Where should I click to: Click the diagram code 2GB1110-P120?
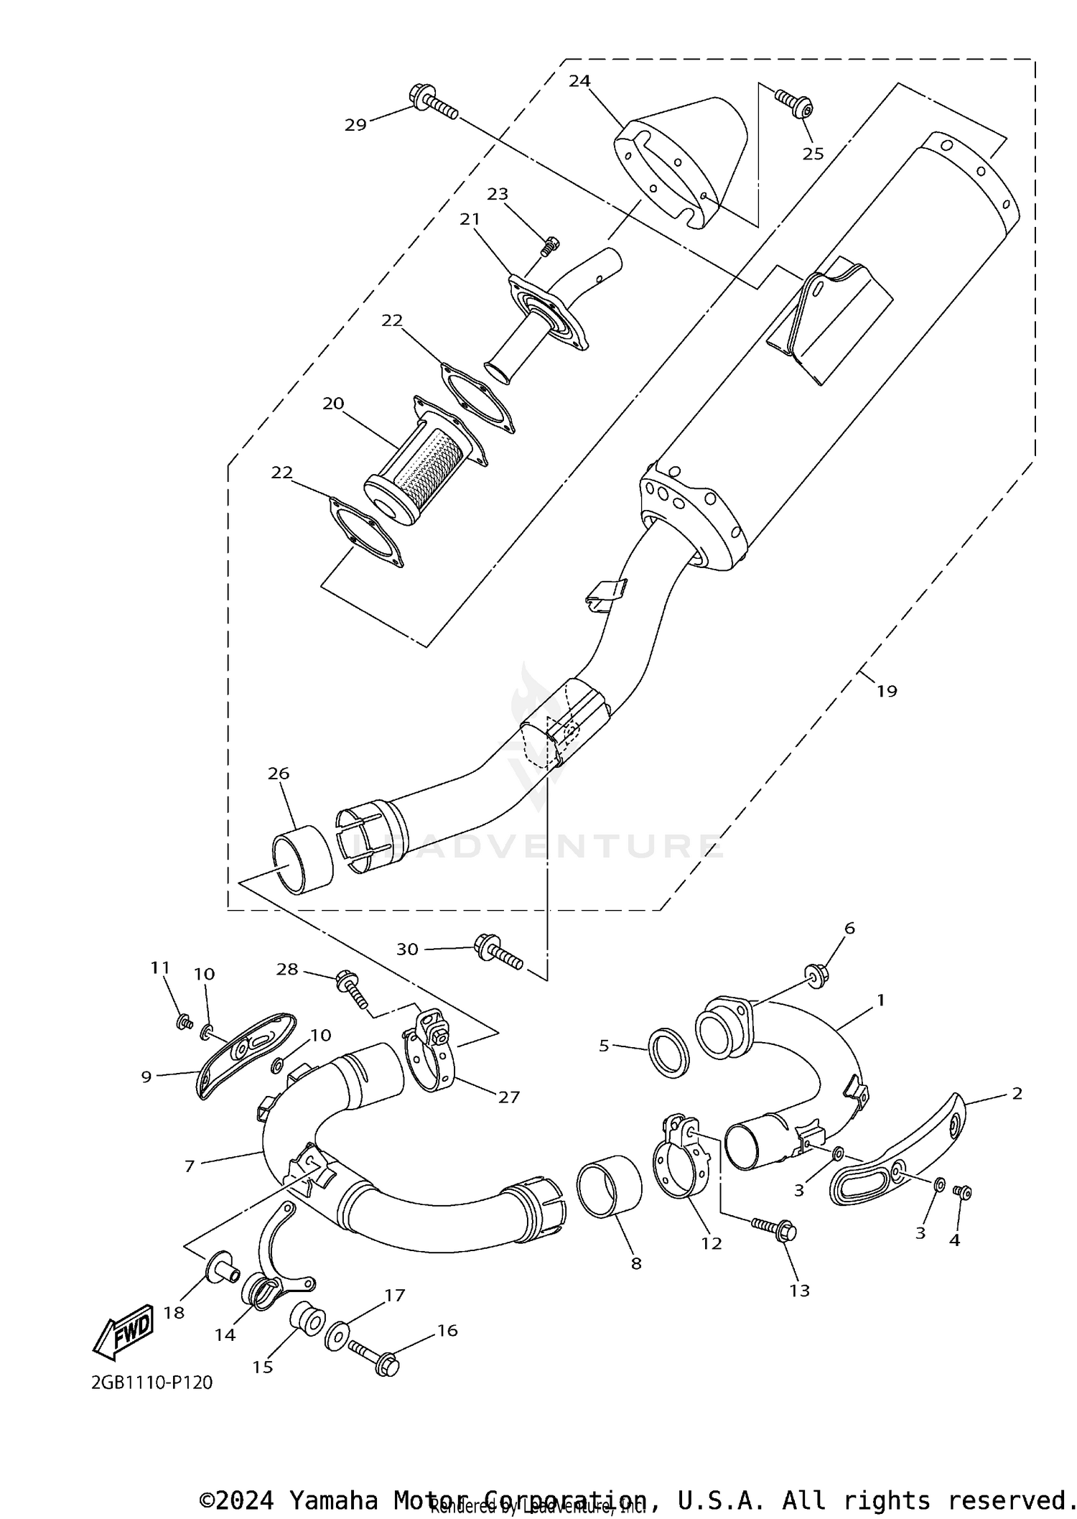[x=151, y=1382]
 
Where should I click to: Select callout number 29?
[x=355, y=125]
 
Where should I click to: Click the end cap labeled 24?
[x=682, y=164]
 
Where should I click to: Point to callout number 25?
[x=813, y=154]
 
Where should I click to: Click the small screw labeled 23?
[x=549, y=246]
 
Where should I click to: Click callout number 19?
[x=887, y=691]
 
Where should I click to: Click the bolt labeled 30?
[x=498, y=951]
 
